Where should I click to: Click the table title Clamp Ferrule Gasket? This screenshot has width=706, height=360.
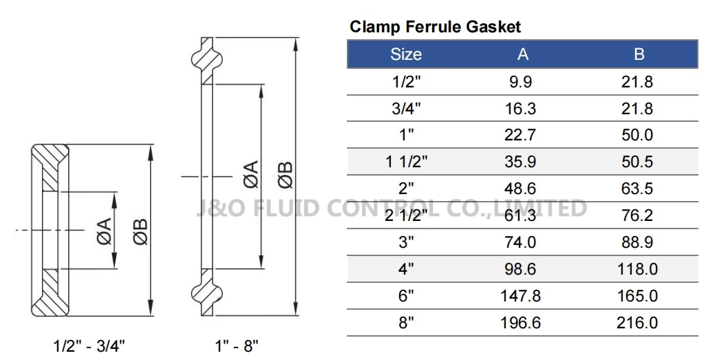tap(435, 28)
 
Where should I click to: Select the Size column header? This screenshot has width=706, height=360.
tap(406, 54)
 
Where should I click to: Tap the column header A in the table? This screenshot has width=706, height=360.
tap(523, 54)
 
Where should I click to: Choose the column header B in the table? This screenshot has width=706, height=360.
tap(639, 54)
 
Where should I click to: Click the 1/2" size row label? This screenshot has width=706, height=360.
tap(406, 82)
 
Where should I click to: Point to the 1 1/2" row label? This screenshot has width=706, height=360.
tap(406, 162)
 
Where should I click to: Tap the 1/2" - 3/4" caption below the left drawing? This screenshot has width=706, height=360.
tap(89, 346)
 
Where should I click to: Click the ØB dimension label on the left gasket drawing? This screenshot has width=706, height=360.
tap(140, 230)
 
